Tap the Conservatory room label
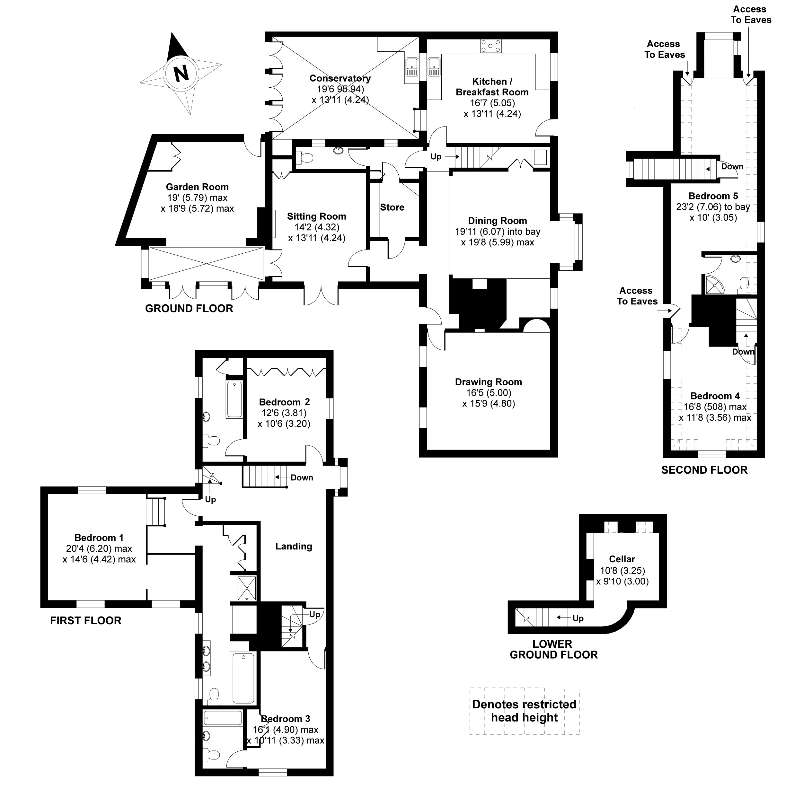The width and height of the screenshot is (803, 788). [x=340, y=78]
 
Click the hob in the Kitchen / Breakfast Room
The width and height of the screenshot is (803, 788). [x=491, y=46]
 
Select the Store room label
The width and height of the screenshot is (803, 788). [x=392, y=207]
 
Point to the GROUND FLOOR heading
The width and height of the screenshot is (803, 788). [x=189, y=308]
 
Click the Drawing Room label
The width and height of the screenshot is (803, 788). [x=489, y=382]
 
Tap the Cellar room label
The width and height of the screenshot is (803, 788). [x=622, y=559]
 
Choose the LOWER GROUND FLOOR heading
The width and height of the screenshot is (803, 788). [x=553, y=649]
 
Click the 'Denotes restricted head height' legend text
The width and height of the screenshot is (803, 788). [x=524, y=711]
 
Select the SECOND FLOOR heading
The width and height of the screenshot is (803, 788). [x=704, y=470]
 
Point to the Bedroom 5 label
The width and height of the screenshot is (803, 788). [x=713, y=196]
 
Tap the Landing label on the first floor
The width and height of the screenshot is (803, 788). [x=294, y=546]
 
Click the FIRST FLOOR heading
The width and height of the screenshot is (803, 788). [x=86, y=620]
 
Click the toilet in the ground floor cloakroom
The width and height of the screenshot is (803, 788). [x=305, y=158]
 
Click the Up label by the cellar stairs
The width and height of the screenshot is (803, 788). [x=578, y=618]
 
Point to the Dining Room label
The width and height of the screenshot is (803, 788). [x=498, y=221]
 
